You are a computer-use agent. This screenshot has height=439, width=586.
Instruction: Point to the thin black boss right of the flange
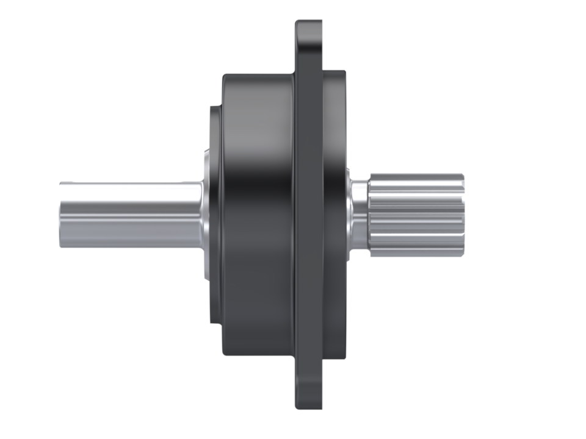(334, 213)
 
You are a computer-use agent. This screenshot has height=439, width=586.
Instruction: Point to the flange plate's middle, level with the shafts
(308, 213)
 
